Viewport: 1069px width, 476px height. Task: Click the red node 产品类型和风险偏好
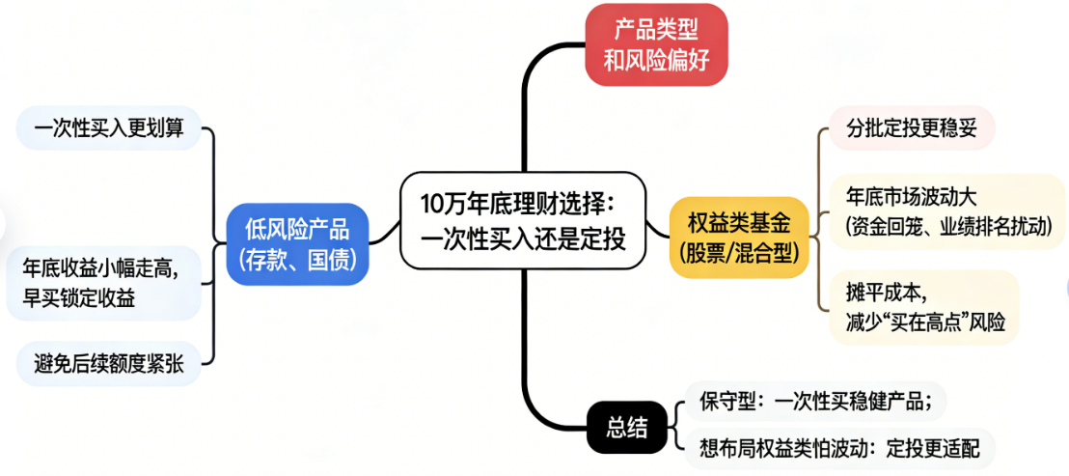point(656,44)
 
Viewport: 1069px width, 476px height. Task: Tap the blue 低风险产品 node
point(298,243)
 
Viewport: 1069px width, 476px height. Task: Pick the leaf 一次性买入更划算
point(109,127)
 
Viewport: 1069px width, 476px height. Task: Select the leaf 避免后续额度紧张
point(109,363)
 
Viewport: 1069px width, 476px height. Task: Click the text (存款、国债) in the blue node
point(298,259)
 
